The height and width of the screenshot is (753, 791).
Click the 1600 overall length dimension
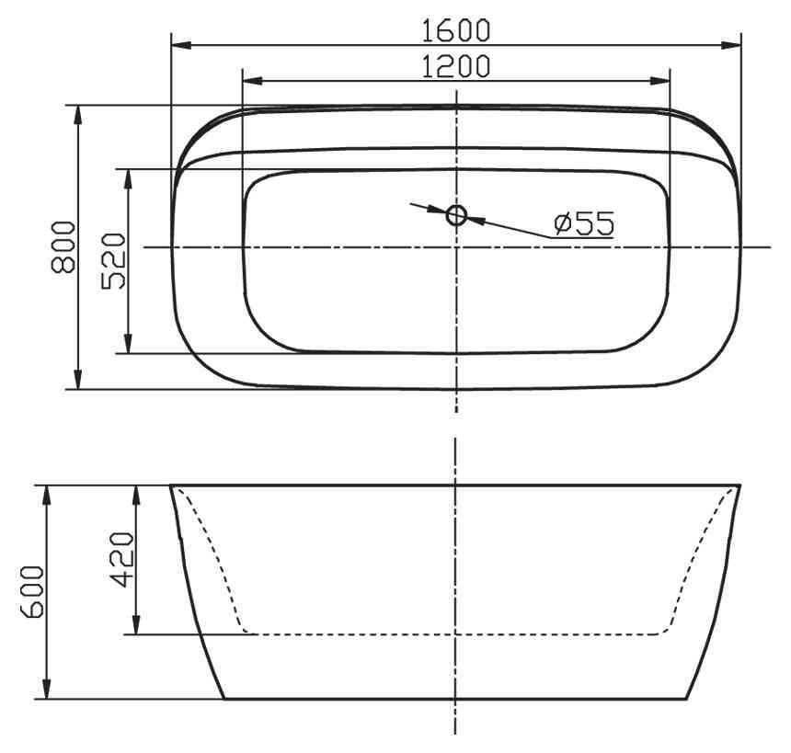coord(456,29)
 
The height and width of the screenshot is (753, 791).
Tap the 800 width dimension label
coord(62,246)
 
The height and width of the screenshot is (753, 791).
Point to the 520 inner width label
coord(113,261)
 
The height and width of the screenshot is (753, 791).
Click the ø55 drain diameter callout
coord(583,222)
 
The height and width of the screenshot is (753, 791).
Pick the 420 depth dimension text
coord(121,559)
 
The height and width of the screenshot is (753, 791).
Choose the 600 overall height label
coord(31,593)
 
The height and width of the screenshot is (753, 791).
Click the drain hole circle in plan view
coord(456,215)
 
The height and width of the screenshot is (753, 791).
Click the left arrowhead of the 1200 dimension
coord(248,80)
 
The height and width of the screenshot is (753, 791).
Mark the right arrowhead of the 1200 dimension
coord(664,80)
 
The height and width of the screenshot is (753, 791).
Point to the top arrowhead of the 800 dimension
coord(78,113)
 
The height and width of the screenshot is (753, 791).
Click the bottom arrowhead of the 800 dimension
coord(78,381)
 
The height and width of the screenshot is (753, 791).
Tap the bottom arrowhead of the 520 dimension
coord(130,346)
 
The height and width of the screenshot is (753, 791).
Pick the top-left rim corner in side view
coord(171,485)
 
